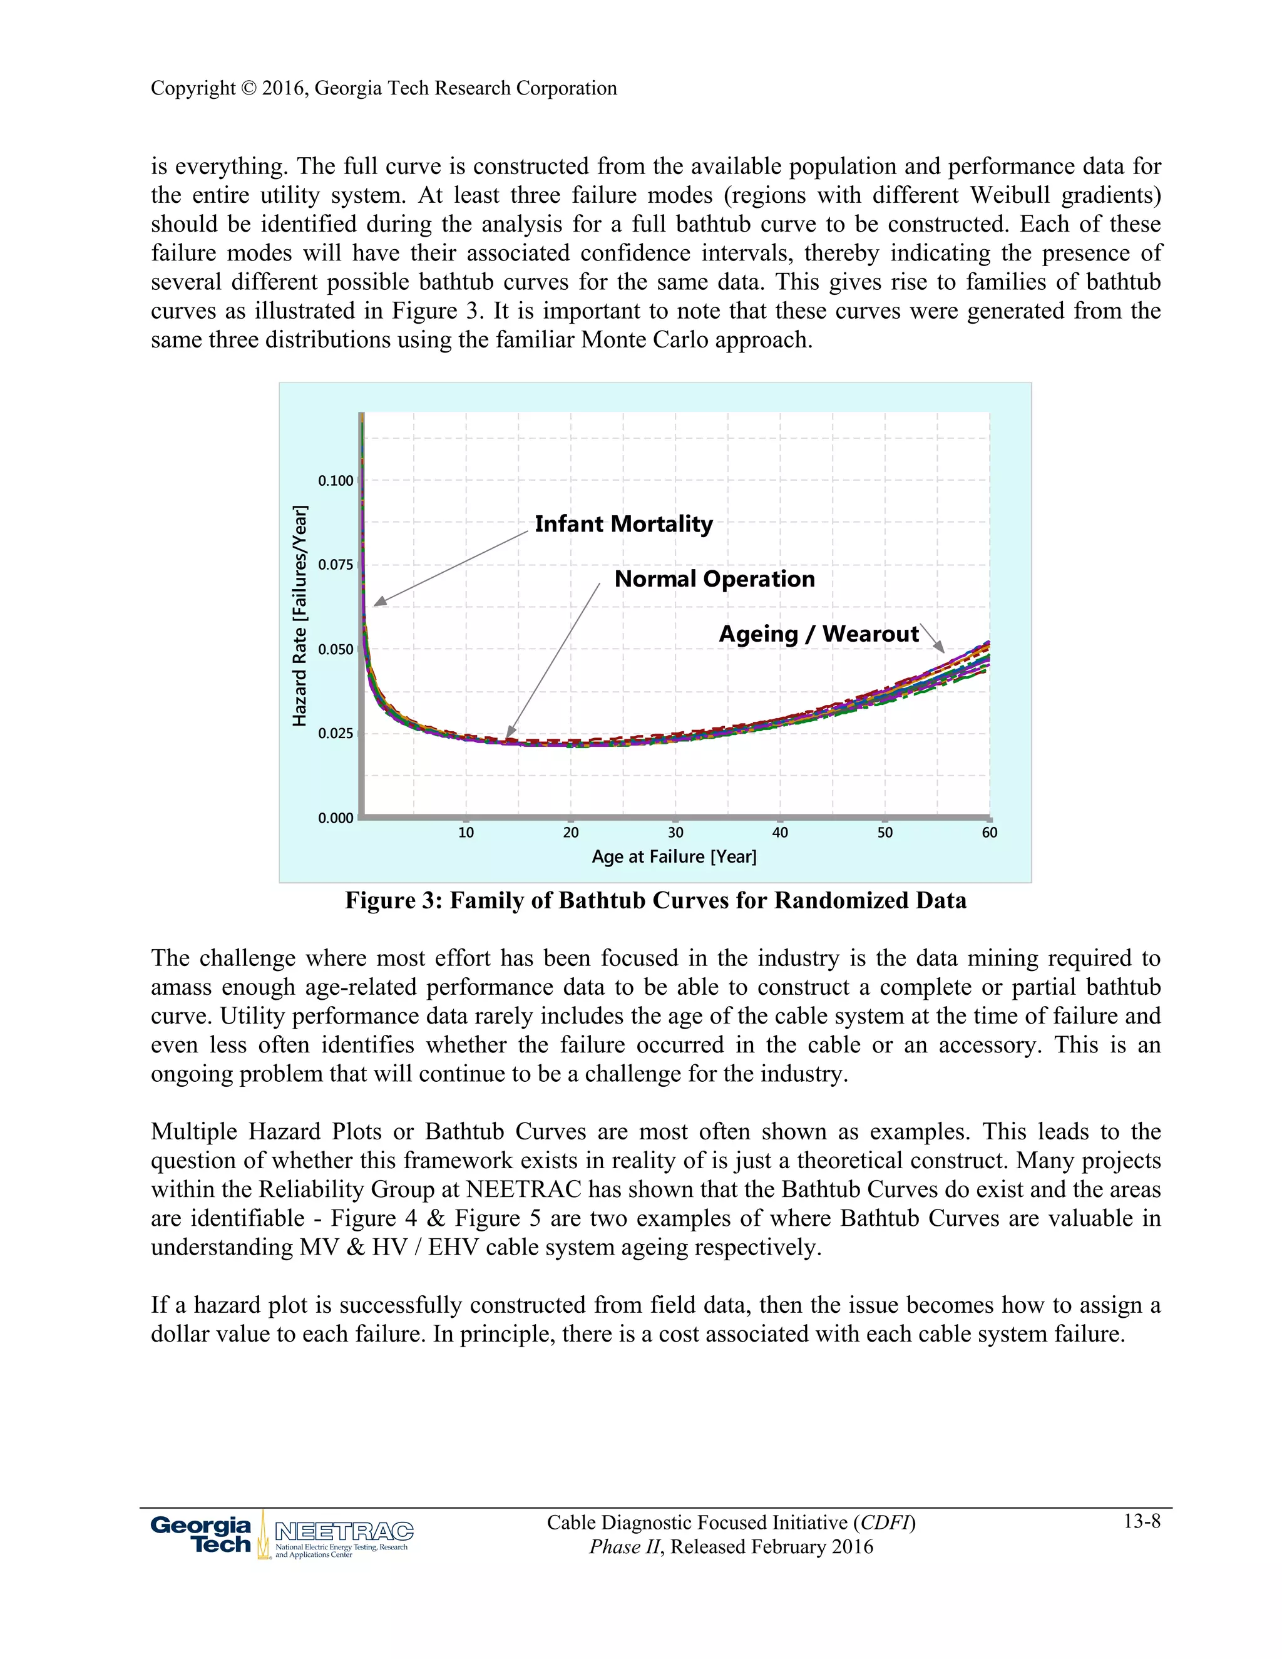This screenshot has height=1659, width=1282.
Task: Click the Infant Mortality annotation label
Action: pos(623,524)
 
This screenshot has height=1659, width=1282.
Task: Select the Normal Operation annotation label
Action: pos(714,579)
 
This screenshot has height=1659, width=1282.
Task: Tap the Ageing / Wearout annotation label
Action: pos(819,634)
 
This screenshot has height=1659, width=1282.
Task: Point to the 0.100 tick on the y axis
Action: pos(336,481)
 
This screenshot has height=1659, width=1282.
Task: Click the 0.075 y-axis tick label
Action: pos(336,565)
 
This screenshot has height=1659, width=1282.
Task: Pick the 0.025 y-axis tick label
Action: pos(336,734)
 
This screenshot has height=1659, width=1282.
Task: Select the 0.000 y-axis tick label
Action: pos(336,818)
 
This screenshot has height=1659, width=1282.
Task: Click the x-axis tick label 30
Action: pos(675,833)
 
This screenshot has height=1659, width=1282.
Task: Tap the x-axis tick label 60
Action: pos(989,833)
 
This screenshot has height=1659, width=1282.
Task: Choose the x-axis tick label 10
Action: pos(466,833)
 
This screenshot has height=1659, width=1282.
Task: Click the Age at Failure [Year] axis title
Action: pos(674,857)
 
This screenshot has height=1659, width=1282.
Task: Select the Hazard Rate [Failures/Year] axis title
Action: pos(300,615)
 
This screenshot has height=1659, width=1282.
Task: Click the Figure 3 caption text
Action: pos(655,901)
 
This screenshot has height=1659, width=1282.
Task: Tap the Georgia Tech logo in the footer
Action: pos(202,1535)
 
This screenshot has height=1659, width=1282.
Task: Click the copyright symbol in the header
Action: pos(249,89)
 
